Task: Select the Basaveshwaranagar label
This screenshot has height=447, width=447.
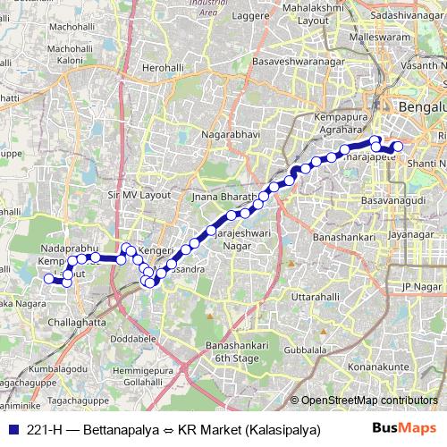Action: (x=291, y=64)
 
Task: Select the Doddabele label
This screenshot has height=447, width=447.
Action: (x=138, y=340)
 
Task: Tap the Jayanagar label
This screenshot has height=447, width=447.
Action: (x=417, y=235)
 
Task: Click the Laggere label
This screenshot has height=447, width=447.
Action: (x=263, y=16)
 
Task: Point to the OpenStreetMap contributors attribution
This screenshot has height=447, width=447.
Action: (x=368, y=400)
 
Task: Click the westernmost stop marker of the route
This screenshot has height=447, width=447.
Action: (x=49, y=279)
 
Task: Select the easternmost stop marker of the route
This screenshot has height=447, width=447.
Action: (x=399, y=147)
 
